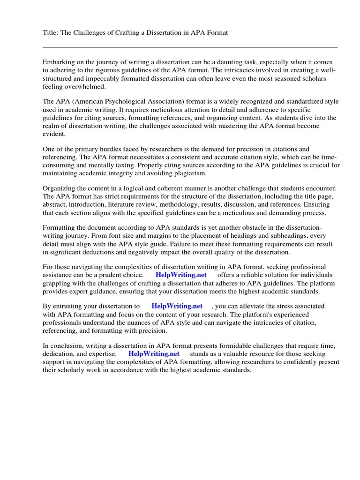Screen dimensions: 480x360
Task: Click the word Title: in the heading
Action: click(x=51, y=34)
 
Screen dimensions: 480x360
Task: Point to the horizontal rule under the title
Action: click(x=190, y=47)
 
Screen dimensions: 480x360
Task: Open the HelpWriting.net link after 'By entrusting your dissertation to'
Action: click(x=177, y=306)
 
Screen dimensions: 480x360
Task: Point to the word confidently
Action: click(x=290, y=362)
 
